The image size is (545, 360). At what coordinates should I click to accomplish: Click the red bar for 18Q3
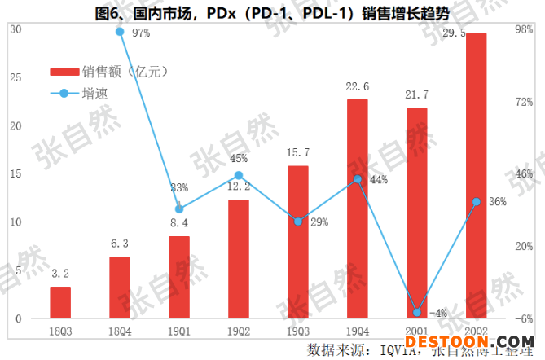click(60, 302)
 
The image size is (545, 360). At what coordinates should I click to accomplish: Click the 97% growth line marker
click(120, 32)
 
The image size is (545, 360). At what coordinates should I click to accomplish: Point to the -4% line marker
click(416, 312)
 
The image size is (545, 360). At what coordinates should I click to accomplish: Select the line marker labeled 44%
click(357, 179)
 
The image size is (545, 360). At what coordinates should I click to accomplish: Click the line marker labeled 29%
click(297, 221)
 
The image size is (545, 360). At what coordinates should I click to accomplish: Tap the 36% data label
click(497, 202)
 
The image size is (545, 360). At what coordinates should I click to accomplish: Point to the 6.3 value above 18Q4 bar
click(120, 244)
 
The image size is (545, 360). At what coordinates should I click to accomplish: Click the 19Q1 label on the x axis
click(179, 330)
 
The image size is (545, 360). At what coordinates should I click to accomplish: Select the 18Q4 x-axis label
click(120, 330)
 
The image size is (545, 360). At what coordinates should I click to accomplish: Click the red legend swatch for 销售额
click(64, 72)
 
